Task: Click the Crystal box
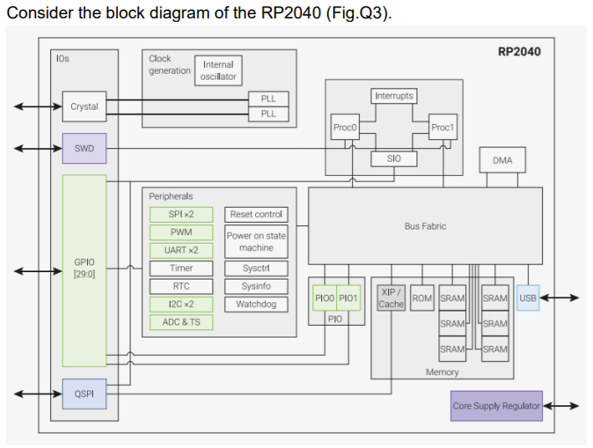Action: point(84,106)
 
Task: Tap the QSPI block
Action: point(84,394)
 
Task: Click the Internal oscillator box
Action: point(219,70)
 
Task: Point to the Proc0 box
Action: point(345,127)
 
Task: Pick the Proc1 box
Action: point(442,127)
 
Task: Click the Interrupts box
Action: point(393,96)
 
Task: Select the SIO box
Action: point(394,158)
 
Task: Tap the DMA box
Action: point(502,160)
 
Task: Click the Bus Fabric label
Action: point(425,226)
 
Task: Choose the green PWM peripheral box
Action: point(181,232)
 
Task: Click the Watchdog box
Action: point(256,304)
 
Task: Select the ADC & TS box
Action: point(181,322)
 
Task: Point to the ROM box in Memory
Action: point(422,298)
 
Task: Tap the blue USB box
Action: point(528,297)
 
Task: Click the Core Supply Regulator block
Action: point(496,406)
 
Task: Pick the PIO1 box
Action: point(349,298)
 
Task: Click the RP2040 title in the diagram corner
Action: point(519,52)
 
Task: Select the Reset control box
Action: point(256,214)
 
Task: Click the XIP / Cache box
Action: point(391,298)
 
